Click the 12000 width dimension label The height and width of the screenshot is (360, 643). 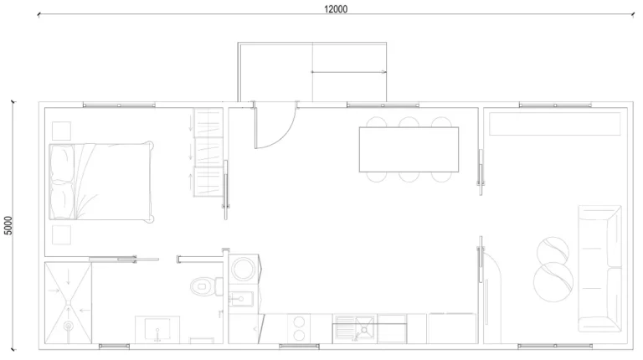336,9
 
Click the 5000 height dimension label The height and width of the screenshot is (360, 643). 8,225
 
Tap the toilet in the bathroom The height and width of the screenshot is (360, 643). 207,286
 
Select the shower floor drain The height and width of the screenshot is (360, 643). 68,326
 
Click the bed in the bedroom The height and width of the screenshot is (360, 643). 101,181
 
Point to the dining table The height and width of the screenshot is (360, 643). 409,149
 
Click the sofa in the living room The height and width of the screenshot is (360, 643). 600,269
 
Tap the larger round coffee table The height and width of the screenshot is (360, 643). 553,282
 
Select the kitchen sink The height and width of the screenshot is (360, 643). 354,328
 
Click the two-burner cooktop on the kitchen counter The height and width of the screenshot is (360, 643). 299,328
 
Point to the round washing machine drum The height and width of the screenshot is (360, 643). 244,269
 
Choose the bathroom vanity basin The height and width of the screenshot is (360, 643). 157,330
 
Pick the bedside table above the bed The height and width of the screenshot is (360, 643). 61,131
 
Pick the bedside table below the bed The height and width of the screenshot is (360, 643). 61,235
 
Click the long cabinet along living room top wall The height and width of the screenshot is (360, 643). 555,124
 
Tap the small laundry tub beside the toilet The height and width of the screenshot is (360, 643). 241,299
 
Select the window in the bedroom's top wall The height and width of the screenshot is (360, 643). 119,105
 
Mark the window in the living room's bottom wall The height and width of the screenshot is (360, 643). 554,347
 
